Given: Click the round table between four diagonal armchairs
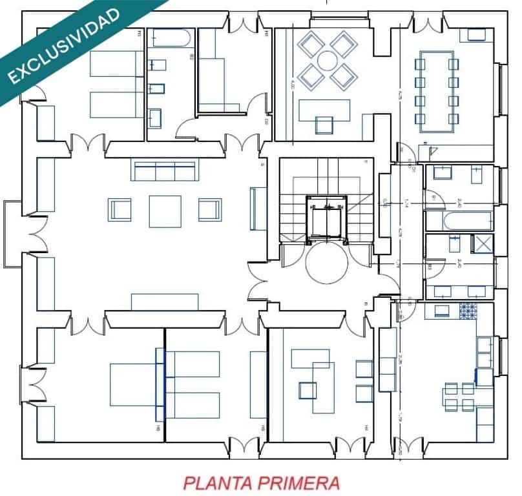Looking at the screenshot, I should click(327, 61).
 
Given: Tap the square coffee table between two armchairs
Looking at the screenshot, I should click(165, 211).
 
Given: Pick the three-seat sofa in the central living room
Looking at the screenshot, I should click(165, 171).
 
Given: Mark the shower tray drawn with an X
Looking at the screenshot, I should click(482, 244).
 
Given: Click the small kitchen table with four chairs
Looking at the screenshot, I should click(459, 396).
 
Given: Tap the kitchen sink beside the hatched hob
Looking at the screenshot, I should click(442, 311).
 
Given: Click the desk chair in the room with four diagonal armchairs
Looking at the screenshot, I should click(324, 125).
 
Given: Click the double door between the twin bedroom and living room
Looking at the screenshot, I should click(87, 143).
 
